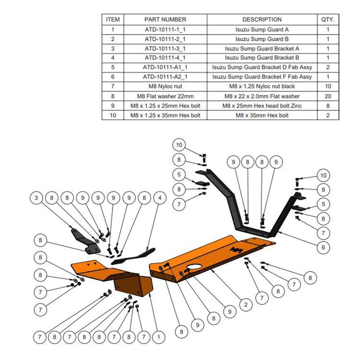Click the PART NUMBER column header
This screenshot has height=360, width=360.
click(x=165, y=19)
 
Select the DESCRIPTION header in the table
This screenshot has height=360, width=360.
click(x=262, y=19)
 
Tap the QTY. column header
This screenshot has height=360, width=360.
click(x=328, y=19)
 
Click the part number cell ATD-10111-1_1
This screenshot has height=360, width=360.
click(x=165, y=30)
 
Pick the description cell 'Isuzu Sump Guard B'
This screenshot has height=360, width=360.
click(x=262, y=39)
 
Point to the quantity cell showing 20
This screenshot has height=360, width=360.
click(x=328, y=96)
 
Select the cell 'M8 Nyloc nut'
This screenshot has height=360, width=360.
click(x=165, y=87)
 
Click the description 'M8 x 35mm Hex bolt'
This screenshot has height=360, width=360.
click(x=262, y=115)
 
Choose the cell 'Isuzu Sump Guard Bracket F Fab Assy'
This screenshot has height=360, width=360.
click(x=262, y=77)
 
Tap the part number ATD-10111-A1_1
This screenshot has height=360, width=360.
click(x=165, y=68)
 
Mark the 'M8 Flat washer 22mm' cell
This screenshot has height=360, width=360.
click(x=165, y=96)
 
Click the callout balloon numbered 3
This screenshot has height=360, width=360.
click(x=36, y=197)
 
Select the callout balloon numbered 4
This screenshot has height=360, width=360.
click(x=160, y=197)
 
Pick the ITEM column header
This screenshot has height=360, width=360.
click(x=113, y=19)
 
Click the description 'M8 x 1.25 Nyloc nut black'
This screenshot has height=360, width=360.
click(x=262, y=87)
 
